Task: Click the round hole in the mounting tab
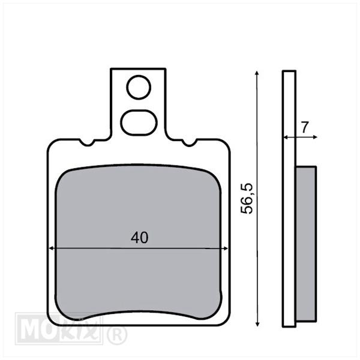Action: (x=139, y=88)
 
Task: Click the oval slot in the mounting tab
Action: (x=139, y=122)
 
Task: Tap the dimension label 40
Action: (x=140, y=238)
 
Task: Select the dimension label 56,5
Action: (x=247, y=199)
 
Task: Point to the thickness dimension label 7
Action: (x=305, y=127)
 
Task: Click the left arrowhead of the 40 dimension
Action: (x=52, y=248)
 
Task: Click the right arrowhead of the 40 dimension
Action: (x=226, y=248)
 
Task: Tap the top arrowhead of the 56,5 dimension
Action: (x=257, y=73)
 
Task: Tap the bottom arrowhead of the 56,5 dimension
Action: (x=257, y=323)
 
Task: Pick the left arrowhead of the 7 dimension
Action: (x=286, y=137)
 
